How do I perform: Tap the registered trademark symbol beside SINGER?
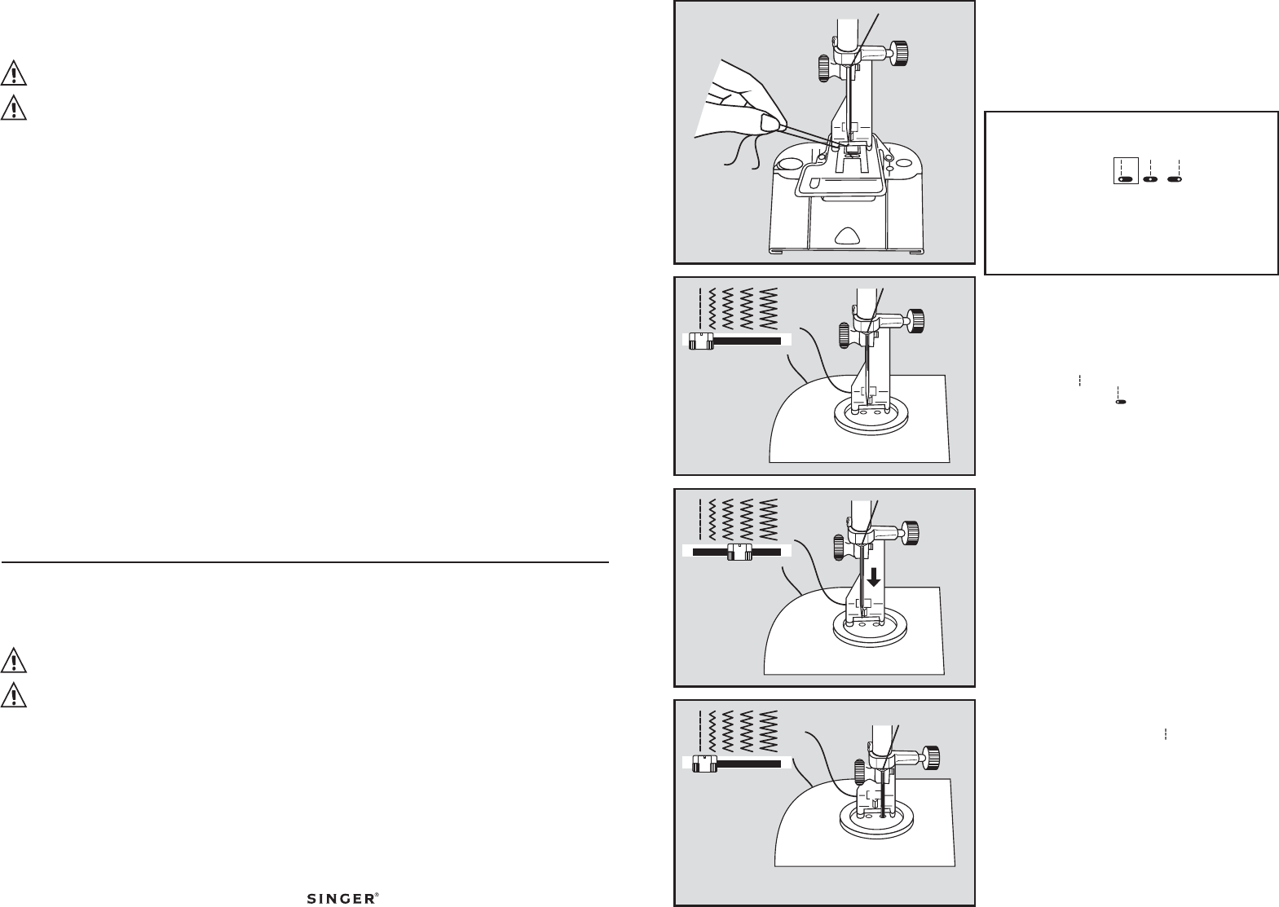[x=376, y=895]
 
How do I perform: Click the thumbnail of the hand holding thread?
[x=824, y=132]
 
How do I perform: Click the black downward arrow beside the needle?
[x=873, y=577]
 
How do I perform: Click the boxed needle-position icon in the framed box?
[x=1125, y=172]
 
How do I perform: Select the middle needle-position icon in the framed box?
[x=1150, y=173]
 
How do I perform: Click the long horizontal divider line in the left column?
[x=305, y=562]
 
